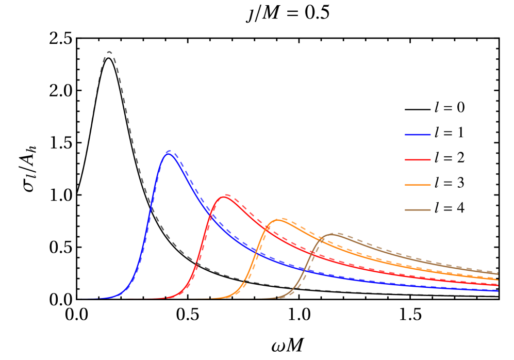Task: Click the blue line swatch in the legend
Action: coord(417,135)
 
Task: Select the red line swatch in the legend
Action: coord(417,160)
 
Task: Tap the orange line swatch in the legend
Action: coord(417,185)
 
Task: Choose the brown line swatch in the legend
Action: coord(417,210)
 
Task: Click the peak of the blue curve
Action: coord(169,153)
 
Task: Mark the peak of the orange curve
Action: coord(279,220)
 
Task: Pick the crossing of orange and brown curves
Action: coord(321,238)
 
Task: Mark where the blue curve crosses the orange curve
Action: coord(256,252)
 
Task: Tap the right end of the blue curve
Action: coord(498,291)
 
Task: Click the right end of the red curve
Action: coord(498,285)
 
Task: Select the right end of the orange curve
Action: coord(498,279)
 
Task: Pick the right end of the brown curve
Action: coord(498,273)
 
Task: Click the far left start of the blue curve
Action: coord(81,299)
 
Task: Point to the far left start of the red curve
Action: coord(127,299)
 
